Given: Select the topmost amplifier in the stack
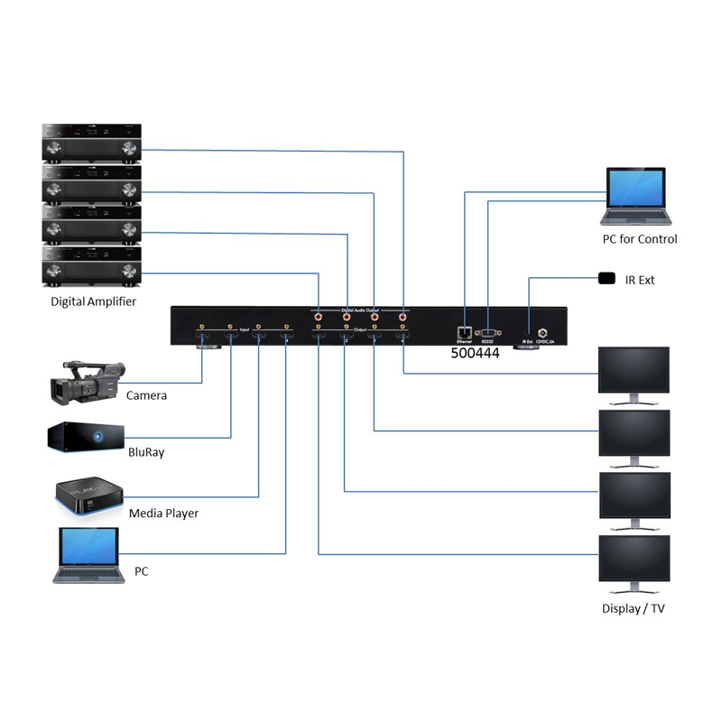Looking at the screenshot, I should point(91,142).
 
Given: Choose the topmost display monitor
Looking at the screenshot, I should point(636,372).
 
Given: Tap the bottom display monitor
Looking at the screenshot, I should point(636,560).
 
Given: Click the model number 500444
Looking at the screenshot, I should point(475,354).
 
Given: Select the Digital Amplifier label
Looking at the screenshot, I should point(93,301).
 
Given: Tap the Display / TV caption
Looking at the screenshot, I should point(634,608).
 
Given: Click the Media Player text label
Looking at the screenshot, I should point(163,514).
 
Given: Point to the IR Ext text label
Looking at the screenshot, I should point(640,280).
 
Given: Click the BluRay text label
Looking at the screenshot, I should point(146,452).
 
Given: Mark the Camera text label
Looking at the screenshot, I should point(146,395).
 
